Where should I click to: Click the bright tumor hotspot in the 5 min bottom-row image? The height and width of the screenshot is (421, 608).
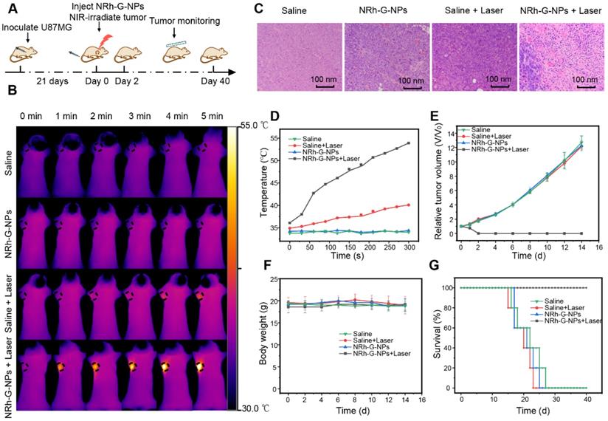(198, 366)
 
